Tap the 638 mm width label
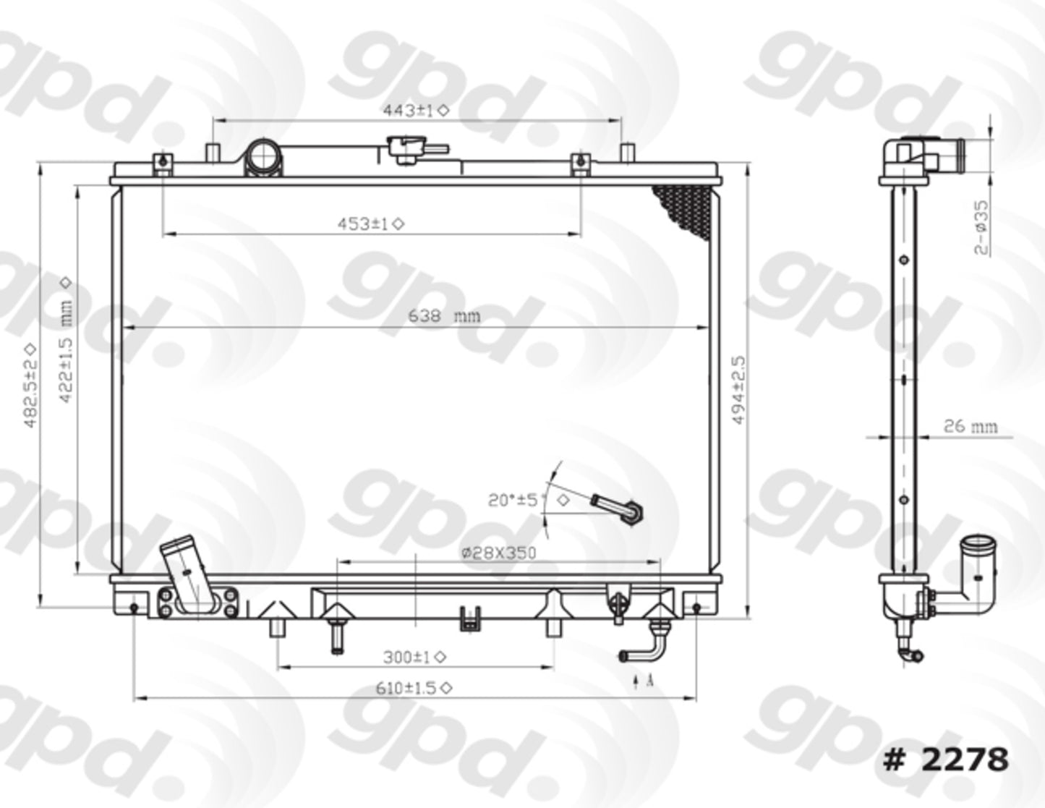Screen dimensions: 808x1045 pos(443,316)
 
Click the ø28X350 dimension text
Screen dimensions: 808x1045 pos(498,553)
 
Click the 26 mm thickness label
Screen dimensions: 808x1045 pos(970,426)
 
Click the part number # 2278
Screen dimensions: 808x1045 pos(944,759)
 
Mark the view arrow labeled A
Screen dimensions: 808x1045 pos(643,681)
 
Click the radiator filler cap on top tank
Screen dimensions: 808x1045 pos(409,150)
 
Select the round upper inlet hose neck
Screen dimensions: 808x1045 pos(263,157)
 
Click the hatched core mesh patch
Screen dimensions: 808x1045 pos(683,210)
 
